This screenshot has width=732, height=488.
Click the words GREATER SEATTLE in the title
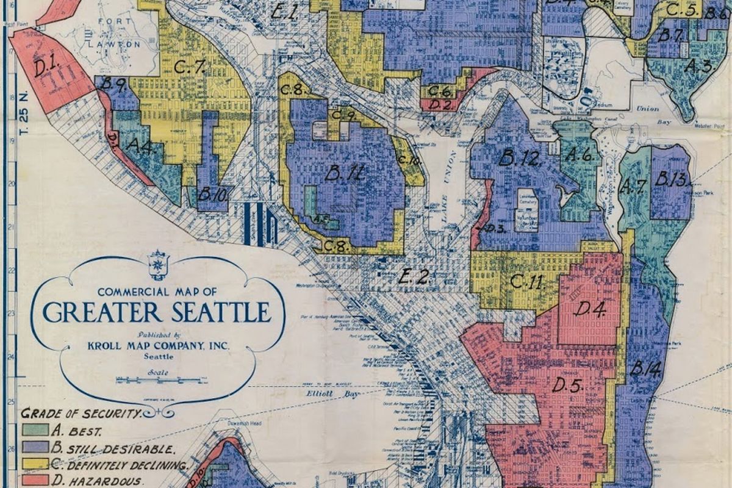[157, 312]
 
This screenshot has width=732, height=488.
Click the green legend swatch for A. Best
[35, 429]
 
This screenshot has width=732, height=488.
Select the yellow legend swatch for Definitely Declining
[35, 463]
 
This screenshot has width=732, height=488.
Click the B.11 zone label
[345, 174]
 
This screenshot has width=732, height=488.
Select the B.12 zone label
[519, 159]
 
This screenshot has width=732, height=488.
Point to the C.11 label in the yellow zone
[526, 282]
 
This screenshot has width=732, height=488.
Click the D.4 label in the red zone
[589, 309]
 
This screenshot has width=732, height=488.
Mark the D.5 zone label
[568, 385]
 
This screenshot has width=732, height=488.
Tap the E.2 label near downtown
[413, 277]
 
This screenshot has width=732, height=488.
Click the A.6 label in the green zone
[578, 154]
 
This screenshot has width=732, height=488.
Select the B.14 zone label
[645, 368]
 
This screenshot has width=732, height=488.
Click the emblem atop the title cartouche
[157, 264]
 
